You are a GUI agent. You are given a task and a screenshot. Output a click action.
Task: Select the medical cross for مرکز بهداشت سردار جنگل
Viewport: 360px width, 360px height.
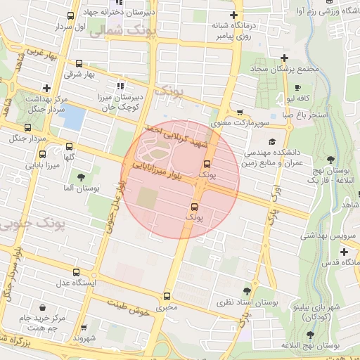coord(46,89)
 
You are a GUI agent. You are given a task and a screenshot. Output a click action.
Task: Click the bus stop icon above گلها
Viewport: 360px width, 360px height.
coord(68,147)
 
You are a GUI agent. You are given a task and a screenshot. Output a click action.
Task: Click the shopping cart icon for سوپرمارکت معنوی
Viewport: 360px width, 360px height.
coord(240,112)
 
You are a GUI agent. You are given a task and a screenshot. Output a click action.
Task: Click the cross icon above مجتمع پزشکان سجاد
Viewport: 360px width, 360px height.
coord(284,58)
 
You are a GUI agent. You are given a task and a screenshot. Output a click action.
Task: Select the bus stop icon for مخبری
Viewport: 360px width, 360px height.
coord(167,296)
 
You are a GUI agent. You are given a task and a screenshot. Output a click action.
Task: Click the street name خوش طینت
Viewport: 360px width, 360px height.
coord(130,306)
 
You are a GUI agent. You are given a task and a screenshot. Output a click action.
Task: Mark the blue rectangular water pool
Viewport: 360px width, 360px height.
coord(74,119)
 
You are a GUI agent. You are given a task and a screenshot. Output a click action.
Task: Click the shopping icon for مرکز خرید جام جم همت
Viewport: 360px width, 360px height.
coord(43,308)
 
